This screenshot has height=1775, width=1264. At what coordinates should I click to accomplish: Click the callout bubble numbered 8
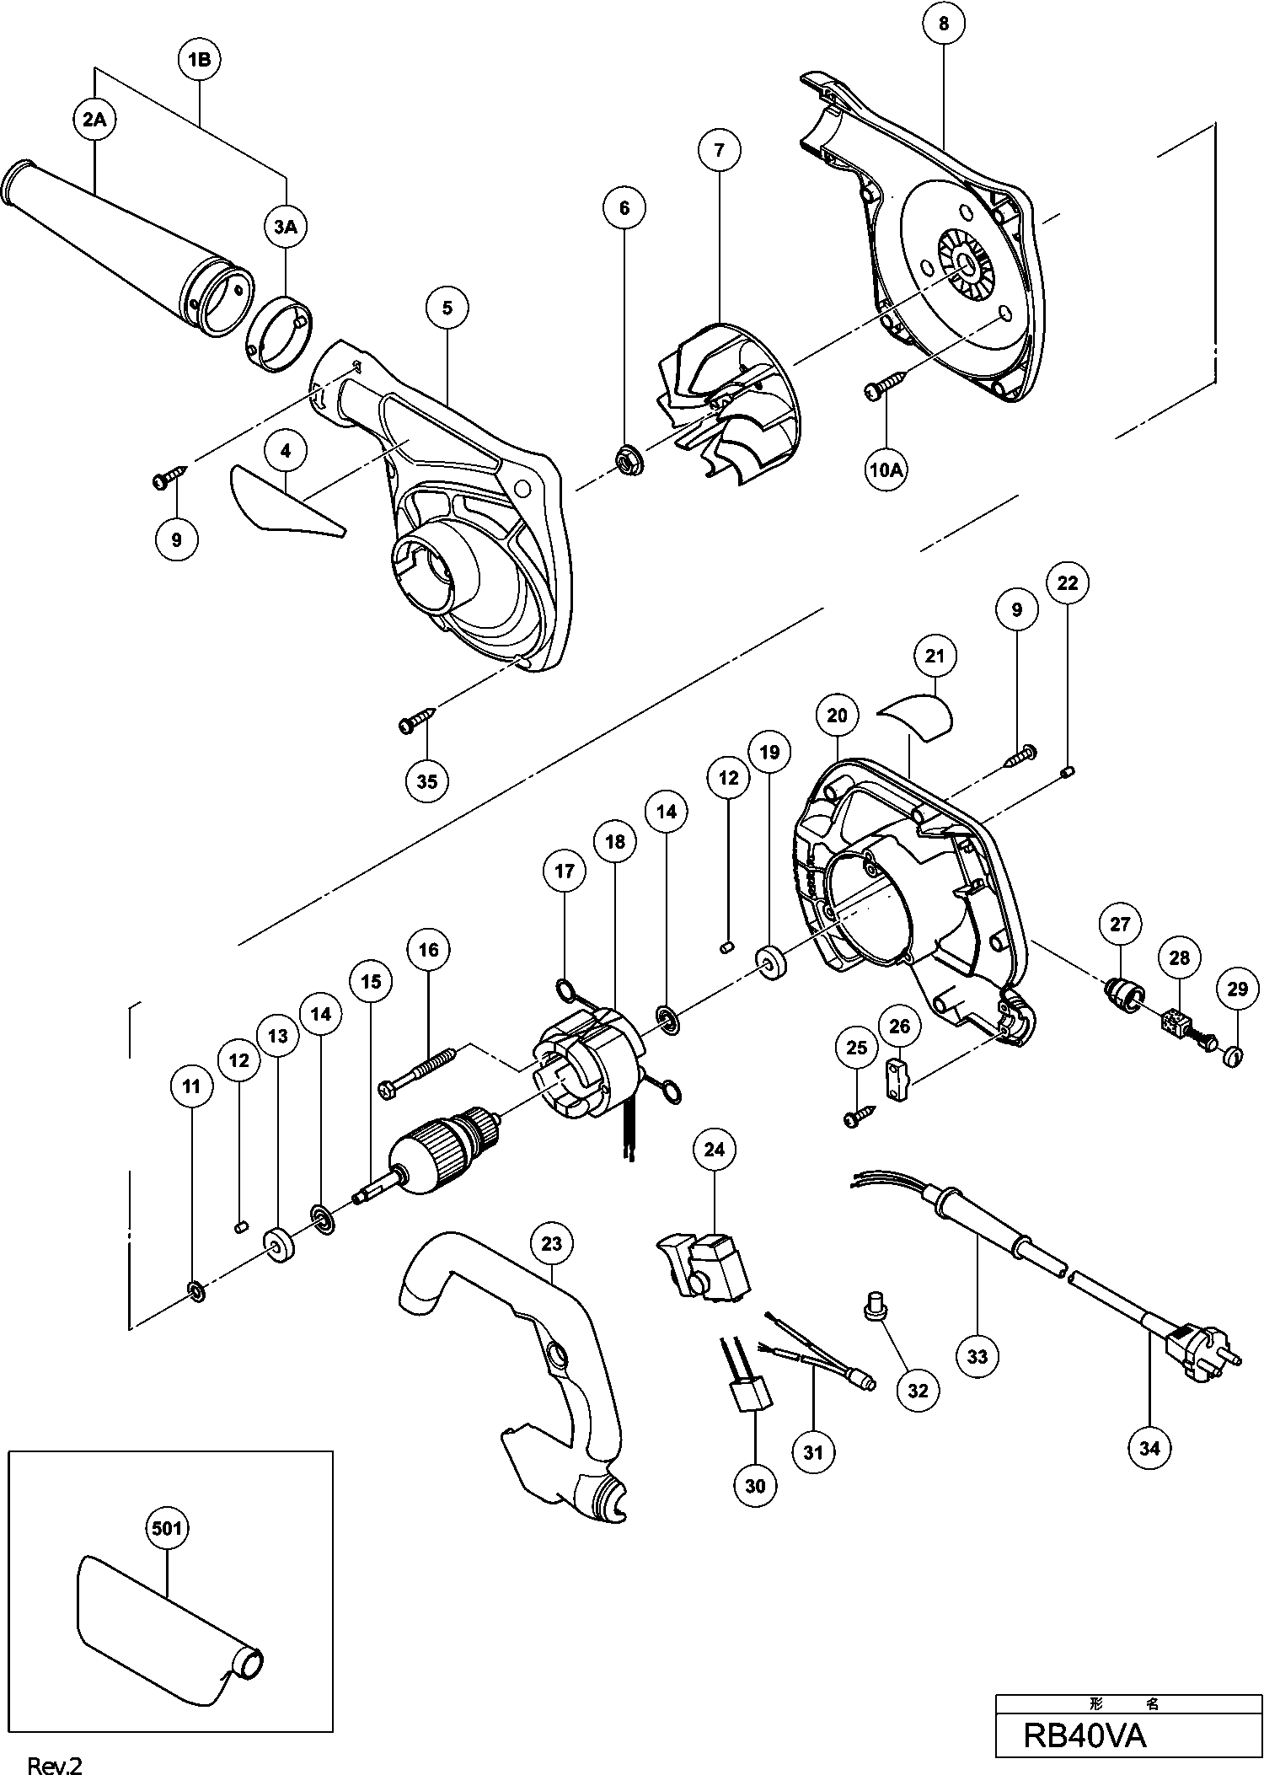(x=943, y=24)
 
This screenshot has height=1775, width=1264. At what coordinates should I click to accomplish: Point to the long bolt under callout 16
(x=418, y=1070)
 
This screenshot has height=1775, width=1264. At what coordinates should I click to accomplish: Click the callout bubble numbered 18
(x=616, y=842)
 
